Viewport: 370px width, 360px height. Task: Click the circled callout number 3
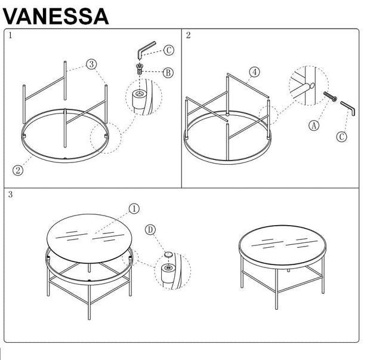[91, 64]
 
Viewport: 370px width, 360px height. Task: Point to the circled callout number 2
[18, 170]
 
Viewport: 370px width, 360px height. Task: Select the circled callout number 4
[254, 72]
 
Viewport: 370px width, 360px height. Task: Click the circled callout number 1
[134, 208]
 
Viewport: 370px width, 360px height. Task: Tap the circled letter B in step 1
[168, 72]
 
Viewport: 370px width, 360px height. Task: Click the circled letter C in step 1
[168, 51]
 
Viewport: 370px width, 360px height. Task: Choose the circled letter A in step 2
[314, 125]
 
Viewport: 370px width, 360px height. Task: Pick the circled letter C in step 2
[341, 137]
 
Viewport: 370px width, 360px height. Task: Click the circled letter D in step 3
[150, 230]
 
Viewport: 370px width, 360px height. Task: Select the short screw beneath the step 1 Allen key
[140, 68]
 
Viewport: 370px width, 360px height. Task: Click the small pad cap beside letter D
[168, 255]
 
